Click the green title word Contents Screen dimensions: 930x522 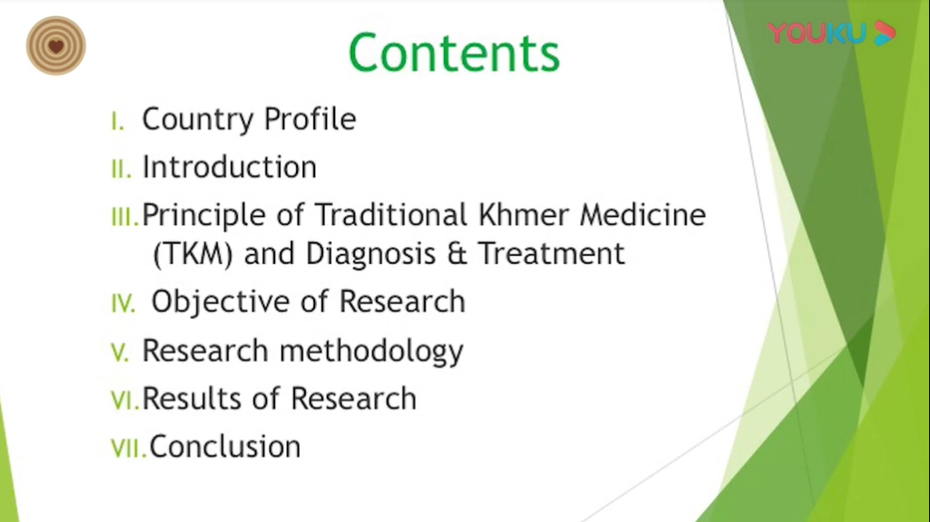(x=454, y=53)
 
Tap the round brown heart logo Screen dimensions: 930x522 (x=55, y=45)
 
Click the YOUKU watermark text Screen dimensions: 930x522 (x=816, y=34)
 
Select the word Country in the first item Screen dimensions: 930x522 (x=198, y=119)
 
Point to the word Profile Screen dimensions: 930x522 (x=310, y=119)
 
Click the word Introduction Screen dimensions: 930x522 (x=230, y=167)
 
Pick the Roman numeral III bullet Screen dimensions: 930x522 (x=124, y=217)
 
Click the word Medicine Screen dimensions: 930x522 (x=643, y=214)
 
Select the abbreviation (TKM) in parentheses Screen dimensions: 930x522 (x=193, y=254)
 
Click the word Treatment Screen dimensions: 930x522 (x=551, y=253)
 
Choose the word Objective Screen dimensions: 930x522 (x=220, y=302)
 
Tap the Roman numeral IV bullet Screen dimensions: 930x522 (x=123, y=304)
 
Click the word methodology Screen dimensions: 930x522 (x=371, y=351)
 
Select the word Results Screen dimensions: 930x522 (x=192, y=398)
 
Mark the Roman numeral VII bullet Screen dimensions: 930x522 (x=128, y=448)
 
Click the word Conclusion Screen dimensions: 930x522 (x=225, y=446)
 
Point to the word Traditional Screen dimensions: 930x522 (x=391, y=214)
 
